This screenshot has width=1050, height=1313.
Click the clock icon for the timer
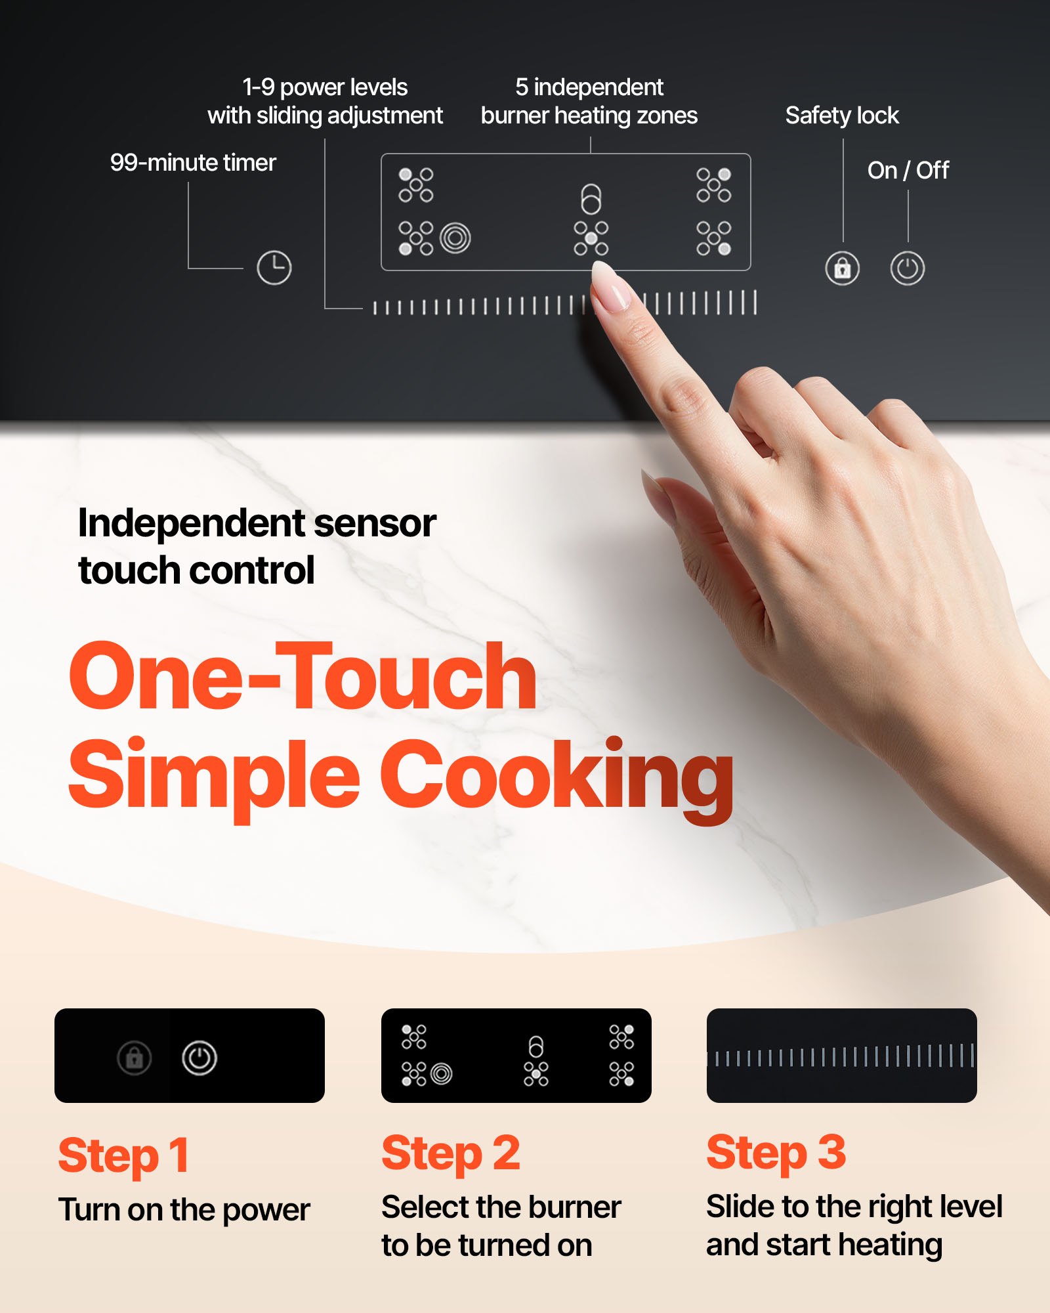point(274,267)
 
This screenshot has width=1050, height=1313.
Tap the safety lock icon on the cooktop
point(843,268)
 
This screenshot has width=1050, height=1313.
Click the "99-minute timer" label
point(193,163)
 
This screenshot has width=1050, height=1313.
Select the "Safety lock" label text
point(842,116)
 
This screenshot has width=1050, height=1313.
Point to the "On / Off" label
point(908,171)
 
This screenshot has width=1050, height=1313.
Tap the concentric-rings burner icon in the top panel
point(455,238)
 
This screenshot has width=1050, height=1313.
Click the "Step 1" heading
point(124,1155)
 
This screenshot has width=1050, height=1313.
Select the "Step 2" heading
point(451,1153)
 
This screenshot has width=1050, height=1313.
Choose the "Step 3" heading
point(776,1153)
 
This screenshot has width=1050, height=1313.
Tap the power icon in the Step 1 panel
point(199,1058)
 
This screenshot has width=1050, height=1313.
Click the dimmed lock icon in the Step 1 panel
point(135,1058)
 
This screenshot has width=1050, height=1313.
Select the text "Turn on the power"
point(184,1210)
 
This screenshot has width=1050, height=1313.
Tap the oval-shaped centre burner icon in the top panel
point(591,199)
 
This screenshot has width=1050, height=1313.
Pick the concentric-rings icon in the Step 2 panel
point(442,1074)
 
